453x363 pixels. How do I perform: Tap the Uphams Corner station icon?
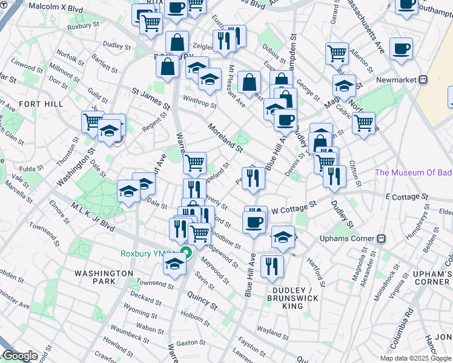382,238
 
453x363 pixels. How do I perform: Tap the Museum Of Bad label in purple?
413,172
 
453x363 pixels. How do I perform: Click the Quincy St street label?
202,299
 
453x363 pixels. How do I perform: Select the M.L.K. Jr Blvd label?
92,217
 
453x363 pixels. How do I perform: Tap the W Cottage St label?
294,208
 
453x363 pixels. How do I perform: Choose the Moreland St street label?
224,138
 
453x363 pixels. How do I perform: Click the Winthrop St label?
200,102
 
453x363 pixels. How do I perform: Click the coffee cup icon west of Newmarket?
400,48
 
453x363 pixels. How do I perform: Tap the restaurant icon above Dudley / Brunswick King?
271,265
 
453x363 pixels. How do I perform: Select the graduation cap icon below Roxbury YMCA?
174,264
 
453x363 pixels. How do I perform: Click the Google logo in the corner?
19,356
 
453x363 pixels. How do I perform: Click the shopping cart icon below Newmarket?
363,123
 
